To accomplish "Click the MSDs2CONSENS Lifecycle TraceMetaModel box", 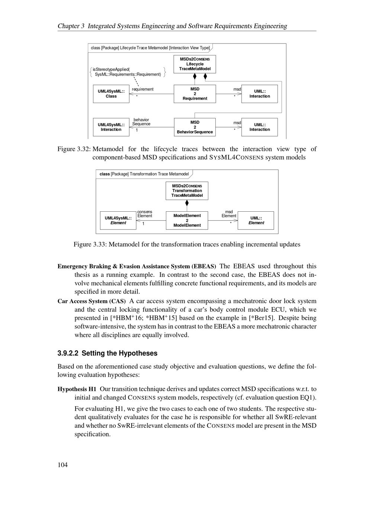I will [x=195, y=64].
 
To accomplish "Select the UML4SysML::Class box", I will [x=111, y=94].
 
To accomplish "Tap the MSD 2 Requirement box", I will [x=195, y=94].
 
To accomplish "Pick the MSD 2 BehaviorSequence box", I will [x=195, y=127].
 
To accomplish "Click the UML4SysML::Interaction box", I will [x=111, y=127].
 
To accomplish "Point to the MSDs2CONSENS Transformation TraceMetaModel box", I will [x=187, y=190].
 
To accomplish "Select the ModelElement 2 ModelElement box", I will [x=187, y=220].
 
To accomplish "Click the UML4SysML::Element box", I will [x=118, y=220].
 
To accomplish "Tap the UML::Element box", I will [x=256, y=220].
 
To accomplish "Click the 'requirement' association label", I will [x=142, y=89].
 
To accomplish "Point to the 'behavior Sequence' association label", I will [x=141, y=122].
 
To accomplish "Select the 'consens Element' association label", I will [x=145, y=214].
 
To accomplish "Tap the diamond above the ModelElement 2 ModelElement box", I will [x=187, y=203].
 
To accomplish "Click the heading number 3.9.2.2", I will [x=68, y=353].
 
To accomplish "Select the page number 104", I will [x=62, y=465].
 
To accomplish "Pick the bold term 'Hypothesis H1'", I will [x=77, y=389].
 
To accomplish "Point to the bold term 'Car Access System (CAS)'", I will [x=92, y=301].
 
